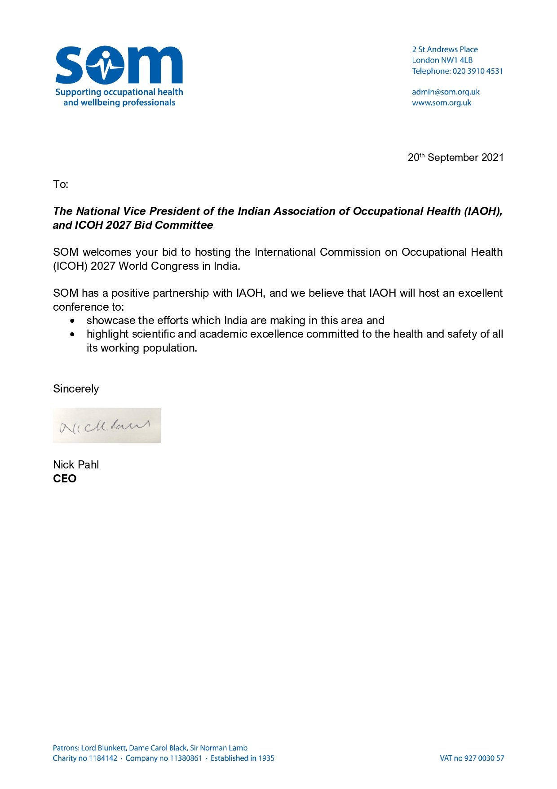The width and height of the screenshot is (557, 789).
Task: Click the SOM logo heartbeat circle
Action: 105,65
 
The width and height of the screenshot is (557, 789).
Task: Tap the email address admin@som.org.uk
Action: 446,92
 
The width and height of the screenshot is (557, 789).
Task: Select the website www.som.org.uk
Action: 442,103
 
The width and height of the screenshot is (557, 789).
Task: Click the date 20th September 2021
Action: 455,157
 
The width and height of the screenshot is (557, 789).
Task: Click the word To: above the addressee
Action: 61,184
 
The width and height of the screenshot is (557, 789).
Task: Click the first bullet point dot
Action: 73,321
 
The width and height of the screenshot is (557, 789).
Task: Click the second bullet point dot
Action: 73,334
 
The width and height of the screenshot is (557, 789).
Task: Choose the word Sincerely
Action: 76,389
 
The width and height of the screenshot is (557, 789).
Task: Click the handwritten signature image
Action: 106,426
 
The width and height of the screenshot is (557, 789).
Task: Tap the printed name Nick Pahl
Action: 76,465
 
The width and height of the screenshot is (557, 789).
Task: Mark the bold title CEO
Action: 65,479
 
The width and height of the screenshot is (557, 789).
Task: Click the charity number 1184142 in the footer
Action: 103,758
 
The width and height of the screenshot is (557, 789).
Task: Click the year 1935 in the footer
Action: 266,758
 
